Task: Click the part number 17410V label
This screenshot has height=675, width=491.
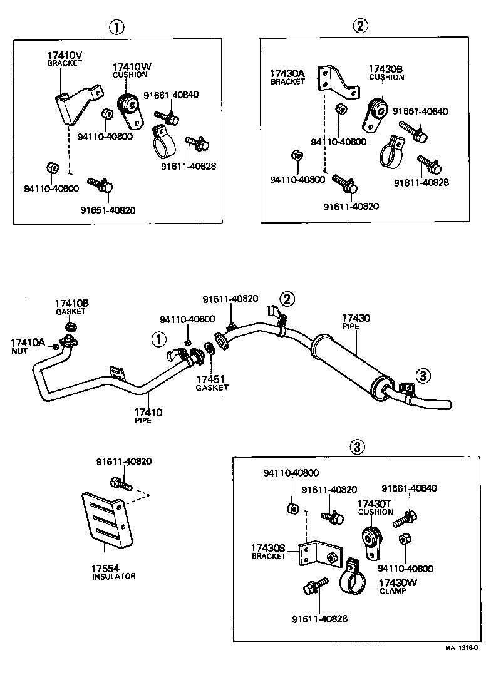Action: (65, 55)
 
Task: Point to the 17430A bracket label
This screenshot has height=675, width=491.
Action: (287, 74)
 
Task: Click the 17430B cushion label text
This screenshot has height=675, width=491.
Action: (386, 69)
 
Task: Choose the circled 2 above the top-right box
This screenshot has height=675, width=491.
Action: (360, 26)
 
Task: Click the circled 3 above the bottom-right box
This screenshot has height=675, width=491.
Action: (356, 446)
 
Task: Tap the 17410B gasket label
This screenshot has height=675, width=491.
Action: (71, 304)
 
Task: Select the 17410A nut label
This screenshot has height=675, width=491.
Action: (28, 343)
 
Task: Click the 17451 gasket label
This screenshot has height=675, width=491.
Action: (212, 379)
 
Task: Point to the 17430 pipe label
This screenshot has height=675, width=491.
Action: (355, 319)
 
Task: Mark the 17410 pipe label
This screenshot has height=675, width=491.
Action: (148, 412)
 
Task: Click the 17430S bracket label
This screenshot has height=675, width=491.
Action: (268, 549)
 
